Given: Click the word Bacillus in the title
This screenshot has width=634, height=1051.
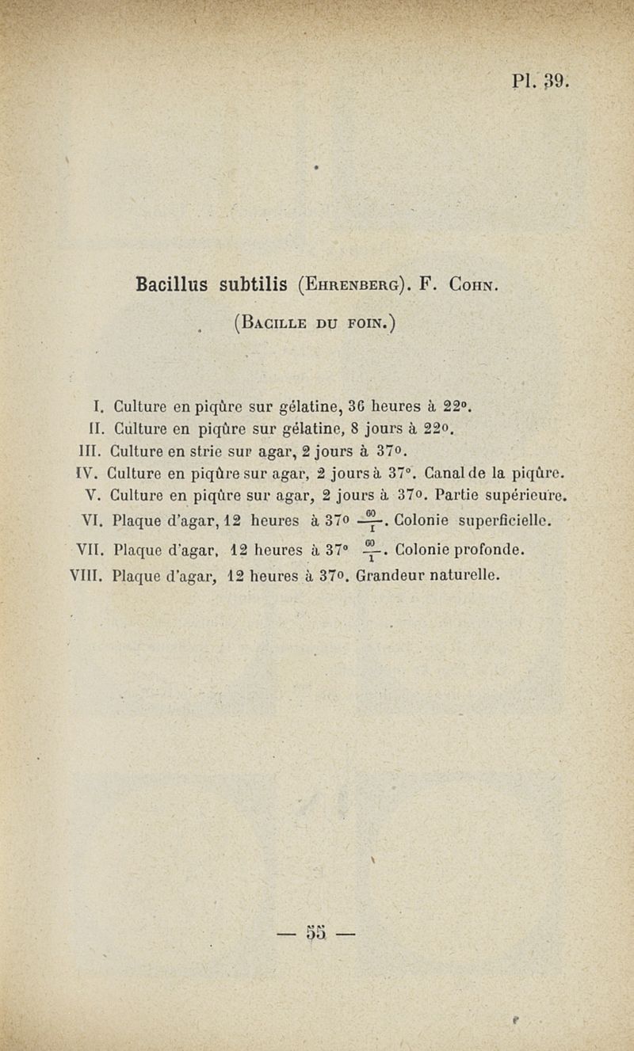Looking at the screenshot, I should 172,283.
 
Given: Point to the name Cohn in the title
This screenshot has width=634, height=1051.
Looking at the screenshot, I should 473,284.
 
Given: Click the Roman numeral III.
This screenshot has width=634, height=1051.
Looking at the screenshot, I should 94,453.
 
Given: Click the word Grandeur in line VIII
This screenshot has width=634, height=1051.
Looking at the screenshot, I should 392,577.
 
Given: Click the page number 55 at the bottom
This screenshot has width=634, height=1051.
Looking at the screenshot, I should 316,935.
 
